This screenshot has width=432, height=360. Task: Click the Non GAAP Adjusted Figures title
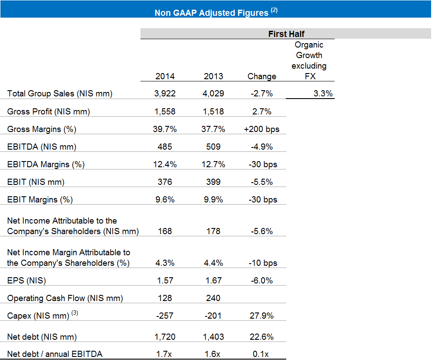point(216,12)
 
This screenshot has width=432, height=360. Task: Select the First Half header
point(286,34)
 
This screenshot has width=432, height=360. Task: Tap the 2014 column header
point(165,76)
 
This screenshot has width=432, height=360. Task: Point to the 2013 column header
point(213,76)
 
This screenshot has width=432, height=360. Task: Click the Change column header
point(262,76)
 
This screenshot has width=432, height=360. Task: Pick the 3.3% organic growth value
point(323,93)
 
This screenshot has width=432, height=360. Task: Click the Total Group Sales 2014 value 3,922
point(165,94)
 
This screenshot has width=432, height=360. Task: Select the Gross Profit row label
point(48,111)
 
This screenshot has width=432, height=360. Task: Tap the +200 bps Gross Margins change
point(262,129)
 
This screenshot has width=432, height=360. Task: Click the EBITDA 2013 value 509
point(213,147)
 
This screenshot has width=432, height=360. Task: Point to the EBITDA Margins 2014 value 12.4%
point(165,165)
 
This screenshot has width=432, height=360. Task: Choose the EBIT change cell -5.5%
point(262,182)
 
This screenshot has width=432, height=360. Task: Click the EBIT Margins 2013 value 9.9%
point(213,199)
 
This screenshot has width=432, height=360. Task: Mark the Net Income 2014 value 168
point(165,231)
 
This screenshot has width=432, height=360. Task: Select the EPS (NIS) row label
point(26,281)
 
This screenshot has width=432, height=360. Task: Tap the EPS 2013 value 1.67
point(213,280)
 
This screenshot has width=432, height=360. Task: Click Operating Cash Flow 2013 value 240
point(213,298)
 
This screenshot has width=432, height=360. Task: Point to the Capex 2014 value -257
point(165,316)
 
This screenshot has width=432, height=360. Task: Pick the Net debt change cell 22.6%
point(262,337)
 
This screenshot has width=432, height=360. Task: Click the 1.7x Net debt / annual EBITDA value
point(164,354)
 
